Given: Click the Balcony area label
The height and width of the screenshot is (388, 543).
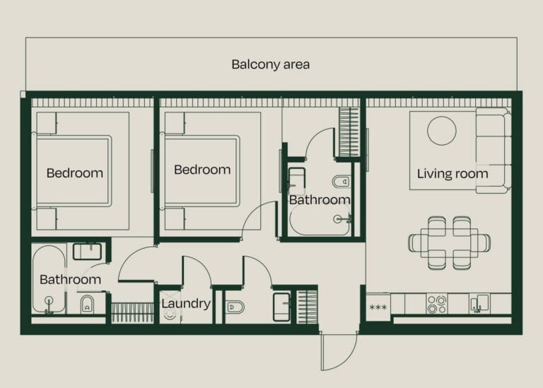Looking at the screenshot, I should pyautogui.click(x=270, y=64).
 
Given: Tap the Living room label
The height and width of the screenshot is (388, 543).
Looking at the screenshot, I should pyautogui.click(x=452, y=173).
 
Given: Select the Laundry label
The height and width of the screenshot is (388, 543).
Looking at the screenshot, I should pyautogui.click(x=186, y=304).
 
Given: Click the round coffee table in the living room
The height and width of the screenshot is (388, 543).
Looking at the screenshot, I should pyautogui.click(x=442, y=131).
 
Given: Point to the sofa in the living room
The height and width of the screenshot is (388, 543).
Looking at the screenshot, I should pyautogui.click(x=494, y=150).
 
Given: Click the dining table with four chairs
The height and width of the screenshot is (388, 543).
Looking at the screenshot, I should pyautogui.click(x=449, y=242).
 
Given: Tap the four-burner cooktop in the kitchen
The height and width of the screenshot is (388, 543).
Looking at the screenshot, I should pyautogui.click(x=436, y=304).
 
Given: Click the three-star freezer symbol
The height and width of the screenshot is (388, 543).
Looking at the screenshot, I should pyautogui.click(x=378, y=307).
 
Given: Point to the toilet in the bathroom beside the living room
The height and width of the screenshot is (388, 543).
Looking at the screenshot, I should pyautogui.click(x=341, y=180).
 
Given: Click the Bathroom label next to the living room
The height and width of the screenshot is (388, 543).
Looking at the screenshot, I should pyautogui.click(x=320, y=200).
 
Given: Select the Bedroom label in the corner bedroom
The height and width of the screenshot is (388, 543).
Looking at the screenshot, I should pyautogui.click(x=74, y=172).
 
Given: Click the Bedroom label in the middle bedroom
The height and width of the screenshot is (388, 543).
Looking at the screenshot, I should pyautogui.click(x=202, y=170).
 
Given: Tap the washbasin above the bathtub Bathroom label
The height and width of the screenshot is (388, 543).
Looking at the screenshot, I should pyautogui.click(x=89, y=251).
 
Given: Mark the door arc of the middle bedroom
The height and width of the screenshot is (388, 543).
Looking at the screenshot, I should pyautogui.click(x=258, y=219).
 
